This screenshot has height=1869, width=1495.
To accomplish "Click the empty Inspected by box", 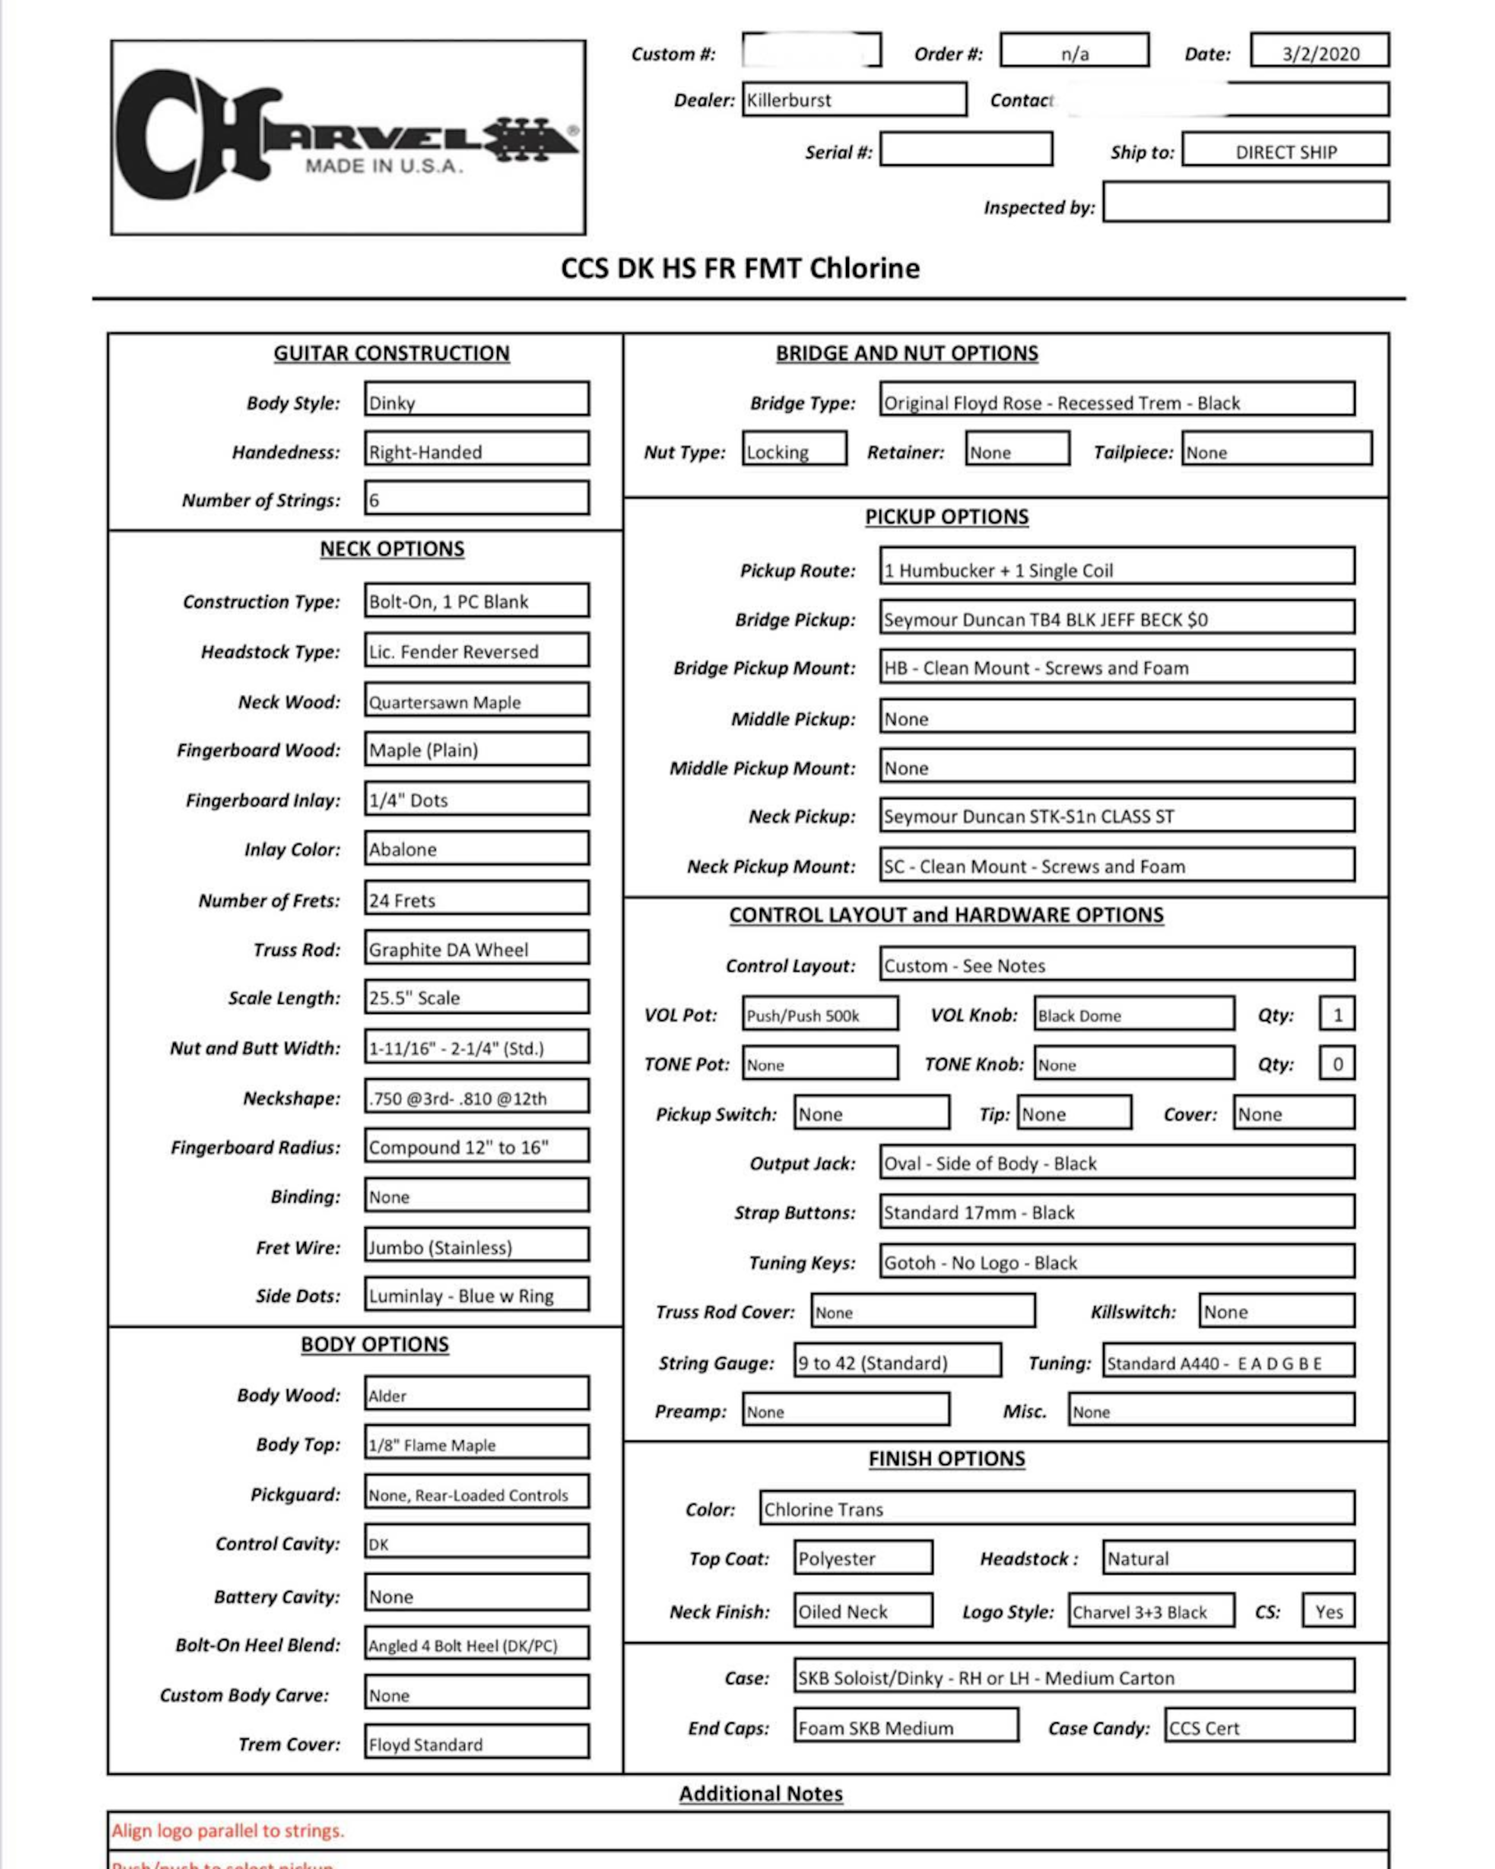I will point(1245,202).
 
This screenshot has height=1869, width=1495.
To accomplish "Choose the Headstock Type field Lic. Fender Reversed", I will point(477,650).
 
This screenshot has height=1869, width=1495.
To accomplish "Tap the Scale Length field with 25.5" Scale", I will point(477,997).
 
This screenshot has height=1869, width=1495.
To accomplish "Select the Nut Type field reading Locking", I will point(794,450).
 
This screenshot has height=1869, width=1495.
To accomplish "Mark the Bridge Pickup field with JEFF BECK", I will point(1116,618).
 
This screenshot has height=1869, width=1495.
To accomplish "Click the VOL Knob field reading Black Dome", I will point(1134,1014).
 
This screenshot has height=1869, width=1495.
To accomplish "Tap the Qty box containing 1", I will point(1337,1014).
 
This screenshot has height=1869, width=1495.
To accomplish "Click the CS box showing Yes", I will point(1328,1611).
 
